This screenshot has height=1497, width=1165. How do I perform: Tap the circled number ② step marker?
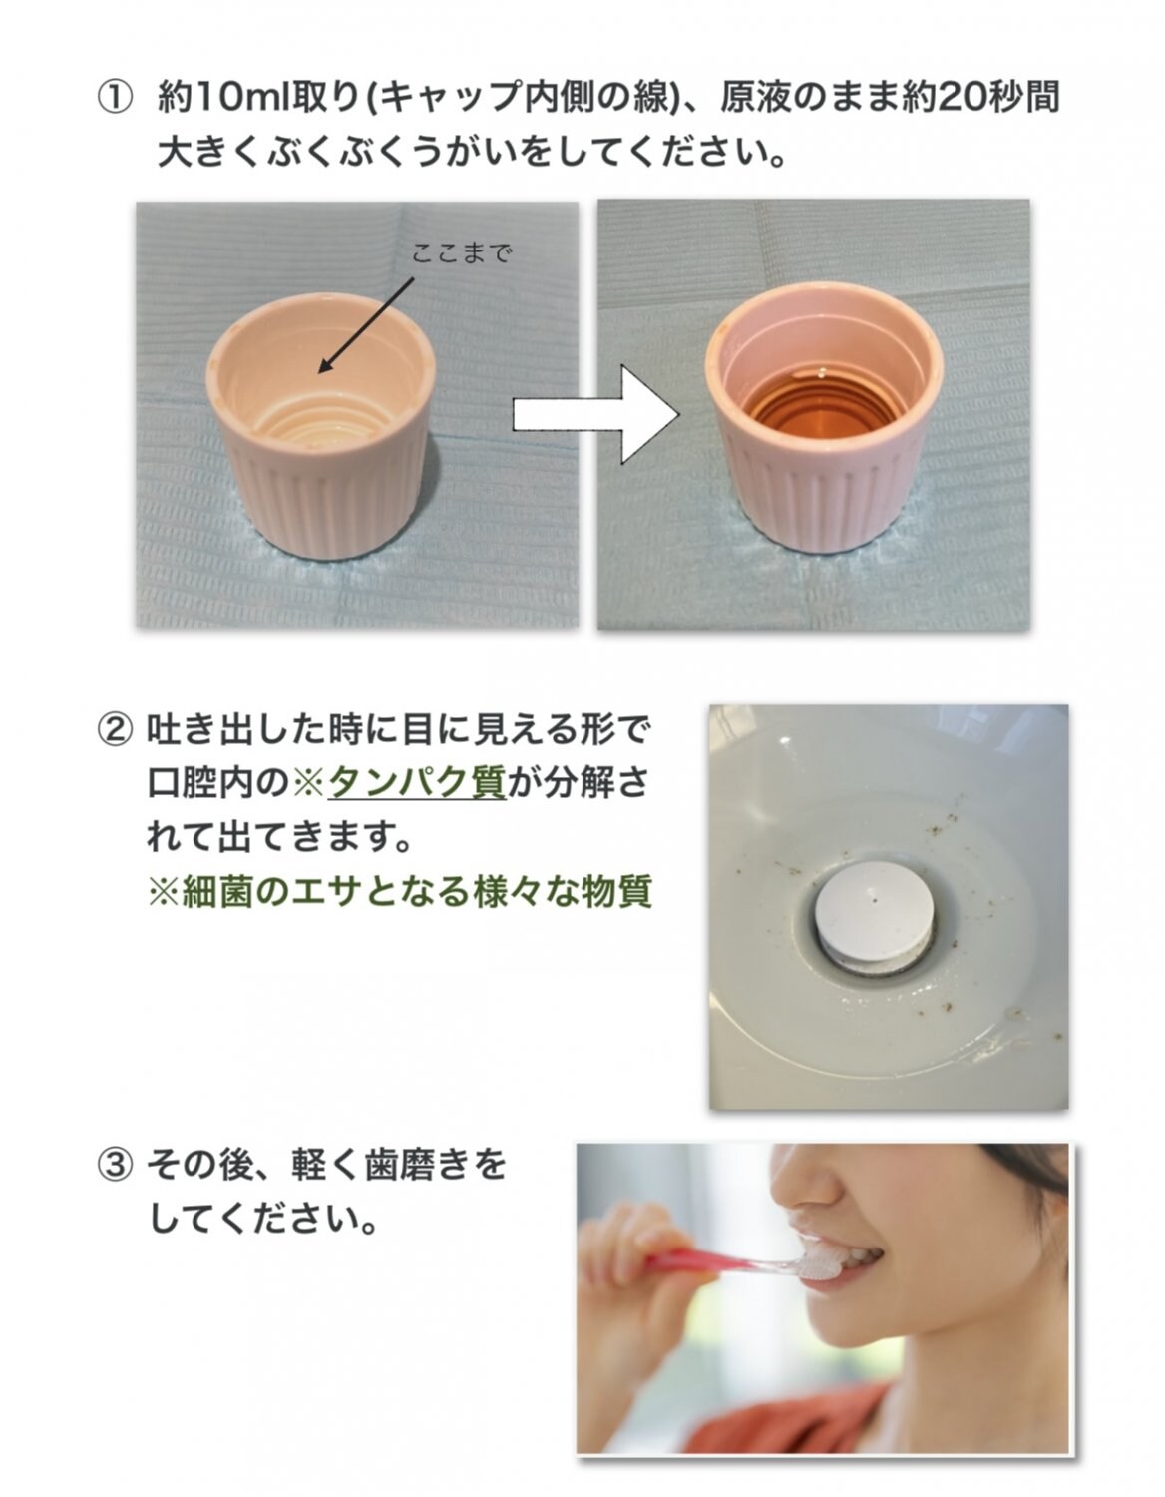(x=114, y=730)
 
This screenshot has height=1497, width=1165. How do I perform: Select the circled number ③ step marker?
(x=114, y=1183)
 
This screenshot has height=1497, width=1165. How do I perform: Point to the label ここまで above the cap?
(x=462, y=253)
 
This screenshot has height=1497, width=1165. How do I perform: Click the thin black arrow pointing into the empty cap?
(x=366, y=325)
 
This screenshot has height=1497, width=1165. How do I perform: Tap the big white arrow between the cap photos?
(x=596, y=415)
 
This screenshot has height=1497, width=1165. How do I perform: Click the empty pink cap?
(x=321, y=424)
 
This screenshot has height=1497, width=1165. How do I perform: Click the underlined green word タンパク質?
(x=417, y=782)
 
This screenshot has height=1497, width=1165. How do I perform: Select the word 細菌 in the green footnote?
(x=216, y=892)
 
